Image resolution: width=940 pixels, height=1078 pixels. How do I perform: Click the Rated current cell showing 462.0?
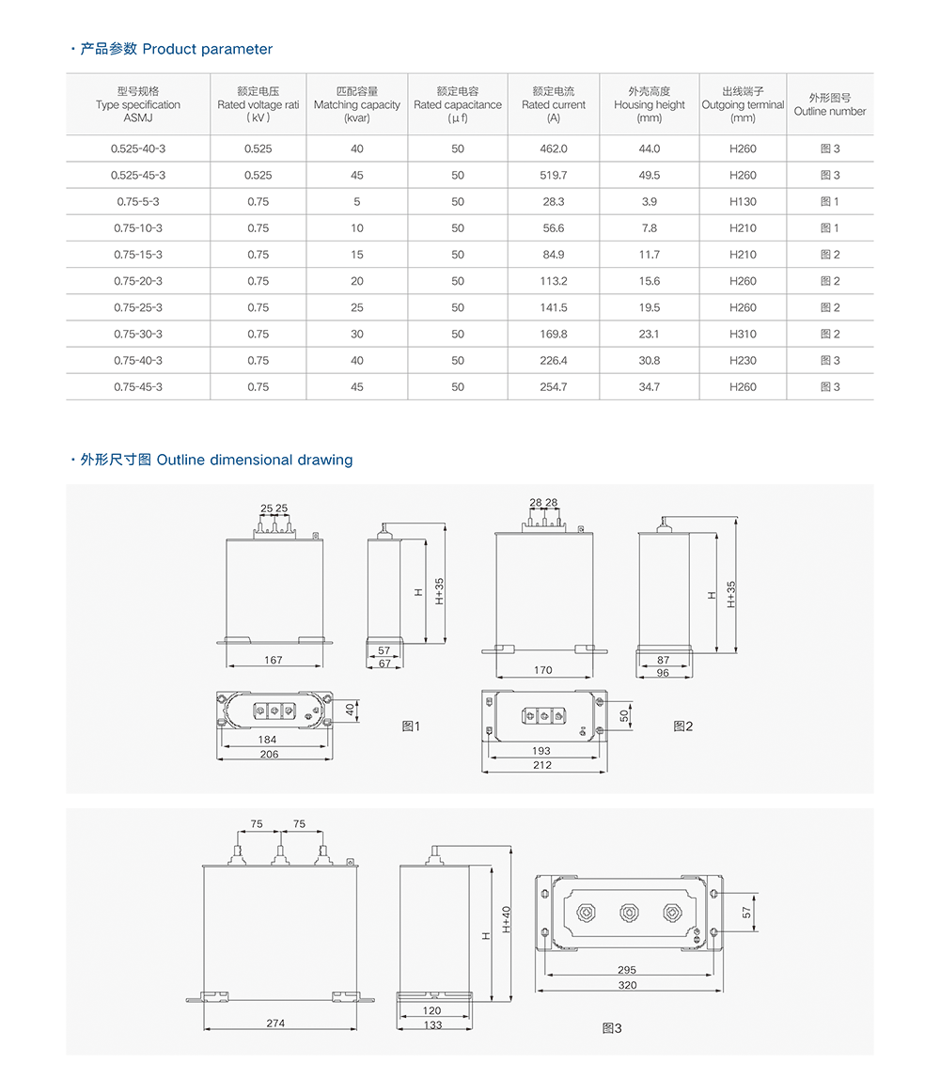click(554, 148)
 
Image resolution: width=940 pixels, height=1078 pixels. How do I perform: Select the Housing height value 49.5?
click(649, 175)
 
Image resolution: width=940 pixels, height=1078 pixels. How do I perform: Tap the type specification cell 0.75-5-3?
click(138, 201)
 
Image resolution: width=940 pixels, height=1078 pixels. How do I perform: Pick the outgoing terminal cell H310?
click(743, 334)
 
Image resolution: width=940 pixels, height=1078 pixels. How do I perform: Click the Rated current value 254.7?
click(554, 386)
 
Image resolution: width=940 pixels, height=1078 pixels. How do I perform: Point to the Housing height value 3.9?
click(649, 201)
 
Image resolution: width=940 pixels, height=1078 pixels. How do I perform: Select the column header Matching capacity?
click(356, 104)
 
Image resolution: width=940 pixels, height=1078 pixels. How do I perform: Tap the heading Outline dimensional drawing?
click(215, 460)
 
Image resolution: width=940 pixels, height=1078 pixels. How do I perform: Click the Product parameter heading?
click(176, 49)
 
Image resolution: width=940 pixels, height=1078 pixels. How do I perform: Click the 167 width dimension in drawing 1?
click(273, 660)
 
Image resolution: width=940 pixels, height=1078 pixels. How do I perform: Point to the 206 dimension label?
click(269, 754)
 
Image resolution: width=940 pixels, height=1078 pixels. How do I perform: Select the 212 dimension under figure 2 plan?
click(542, 765)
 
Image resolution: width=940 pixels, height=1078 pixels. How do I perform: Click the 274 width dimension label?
click(274, 1023)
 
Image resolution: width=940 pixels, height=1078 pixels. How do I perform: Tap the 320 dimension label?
click(627, 985)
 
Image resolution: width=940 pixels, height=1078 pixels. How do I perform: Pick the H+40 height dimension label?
click(506, 918)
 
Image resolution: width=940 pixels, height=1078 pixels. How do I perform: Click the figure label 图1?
click(411, 726)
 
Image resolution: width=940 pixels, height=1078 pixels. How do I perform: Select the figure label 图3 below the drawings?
click(612, 1028)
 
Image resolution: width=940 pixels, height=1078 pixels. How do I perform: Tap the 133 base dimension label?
click(432, 1024)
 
